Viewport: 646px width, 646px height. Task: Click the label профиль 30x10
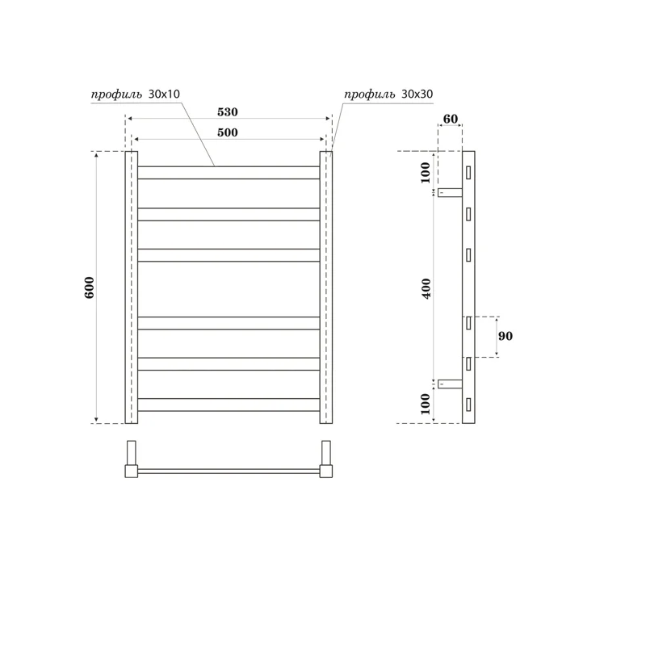(135, 94)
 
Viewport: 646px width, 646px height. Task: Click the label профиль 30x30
(388, 94)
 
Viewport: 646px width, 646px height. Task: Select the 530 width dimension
(227, 112)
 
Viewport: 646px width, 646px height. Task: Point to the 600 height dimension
(90, 287)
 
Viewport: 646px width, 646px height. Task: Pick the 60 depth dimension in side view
(450, 120)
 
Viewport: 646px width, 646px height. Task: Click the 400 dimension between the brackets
(426, 287)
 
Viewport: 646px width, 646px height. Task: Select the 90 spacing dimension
(506, 336)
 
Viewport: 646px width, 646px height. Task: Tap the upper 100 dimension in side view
(426, 172)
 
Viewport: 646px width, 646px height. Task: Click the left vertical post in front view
(132, 287)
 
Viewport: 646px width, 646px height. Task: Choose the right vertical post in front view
(326, 287)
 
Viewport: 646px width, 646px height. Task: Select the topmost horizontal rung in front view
(229, 172)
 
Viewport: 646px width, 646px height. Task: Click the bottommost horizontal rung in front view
(229, 405)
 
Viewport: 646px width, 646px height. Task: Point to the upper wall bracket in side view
(450, 192)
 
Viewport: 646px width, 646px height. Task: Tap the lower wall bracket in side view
(450, 384)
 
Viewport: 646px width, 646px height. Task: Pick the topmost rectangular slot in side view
(468, 173)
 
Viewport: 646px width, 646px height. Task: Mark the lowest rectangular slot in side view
(468, 404)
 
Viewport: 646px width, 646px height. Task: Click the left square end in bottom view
(131, 471)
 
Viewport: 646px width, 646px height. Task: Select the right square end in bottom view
(326, 471)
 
